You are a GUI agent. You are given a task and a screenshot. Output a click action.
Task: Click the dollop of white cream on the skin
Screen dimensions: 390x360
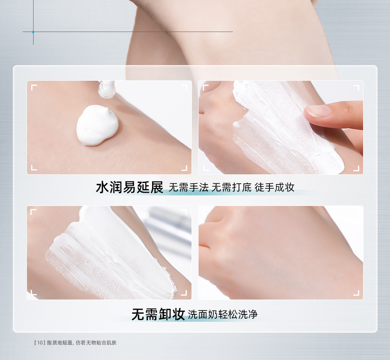pos(97,126)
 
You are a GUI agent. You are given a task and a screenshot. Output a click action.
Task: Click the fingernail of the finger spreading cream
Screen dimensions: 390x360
pos(317,111)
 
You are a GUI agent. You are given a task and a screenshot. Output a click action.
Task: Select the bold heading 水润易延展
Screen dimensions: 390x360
pos(129,187)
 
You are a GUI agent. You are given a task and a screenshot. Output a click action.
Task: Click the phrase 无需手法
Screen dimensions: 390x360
pos(188,187)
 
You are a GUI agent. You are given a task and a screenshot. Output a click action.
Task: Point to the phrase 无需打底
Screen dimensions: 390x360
pos(232,187)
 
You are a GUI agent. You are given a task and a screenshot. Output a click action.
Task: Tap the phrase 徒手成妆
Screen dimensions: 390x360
pos(275,187)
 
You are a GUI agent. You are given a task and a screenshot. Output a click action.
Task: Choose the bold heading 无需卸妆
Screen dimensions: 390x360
pos(158,314)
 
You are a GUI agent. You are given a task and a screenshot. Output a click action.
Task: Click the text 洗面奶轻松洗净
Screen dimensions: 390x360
pos(223,314)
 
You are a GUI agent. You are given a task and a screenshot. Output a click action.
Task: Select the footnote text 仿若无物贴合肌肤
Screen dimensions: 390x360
pos(96,343)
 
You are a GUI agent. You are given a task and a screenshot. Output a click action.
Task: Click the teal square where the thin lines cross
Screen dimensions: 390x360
pos(33,32)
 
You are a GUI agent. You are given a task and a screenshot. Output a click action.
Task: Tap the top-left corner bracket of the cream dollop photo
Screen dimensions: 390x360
pos(34,87)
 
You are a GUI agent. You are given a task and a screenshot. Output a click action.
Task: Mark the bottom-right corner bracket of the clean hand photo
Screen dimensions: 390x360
pos(356,293)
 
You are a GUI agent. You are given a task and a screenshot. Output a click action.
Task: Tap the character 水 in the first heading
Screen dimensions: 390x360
pos(103,187)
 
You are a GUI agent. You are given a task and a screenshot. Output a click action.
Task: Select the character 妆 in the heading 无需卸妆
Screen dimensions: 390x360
pos(178,314)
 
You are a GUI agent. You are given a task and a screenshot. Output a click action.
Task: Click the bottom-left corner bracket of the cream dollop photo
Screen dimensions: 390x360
pos(34,168)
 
